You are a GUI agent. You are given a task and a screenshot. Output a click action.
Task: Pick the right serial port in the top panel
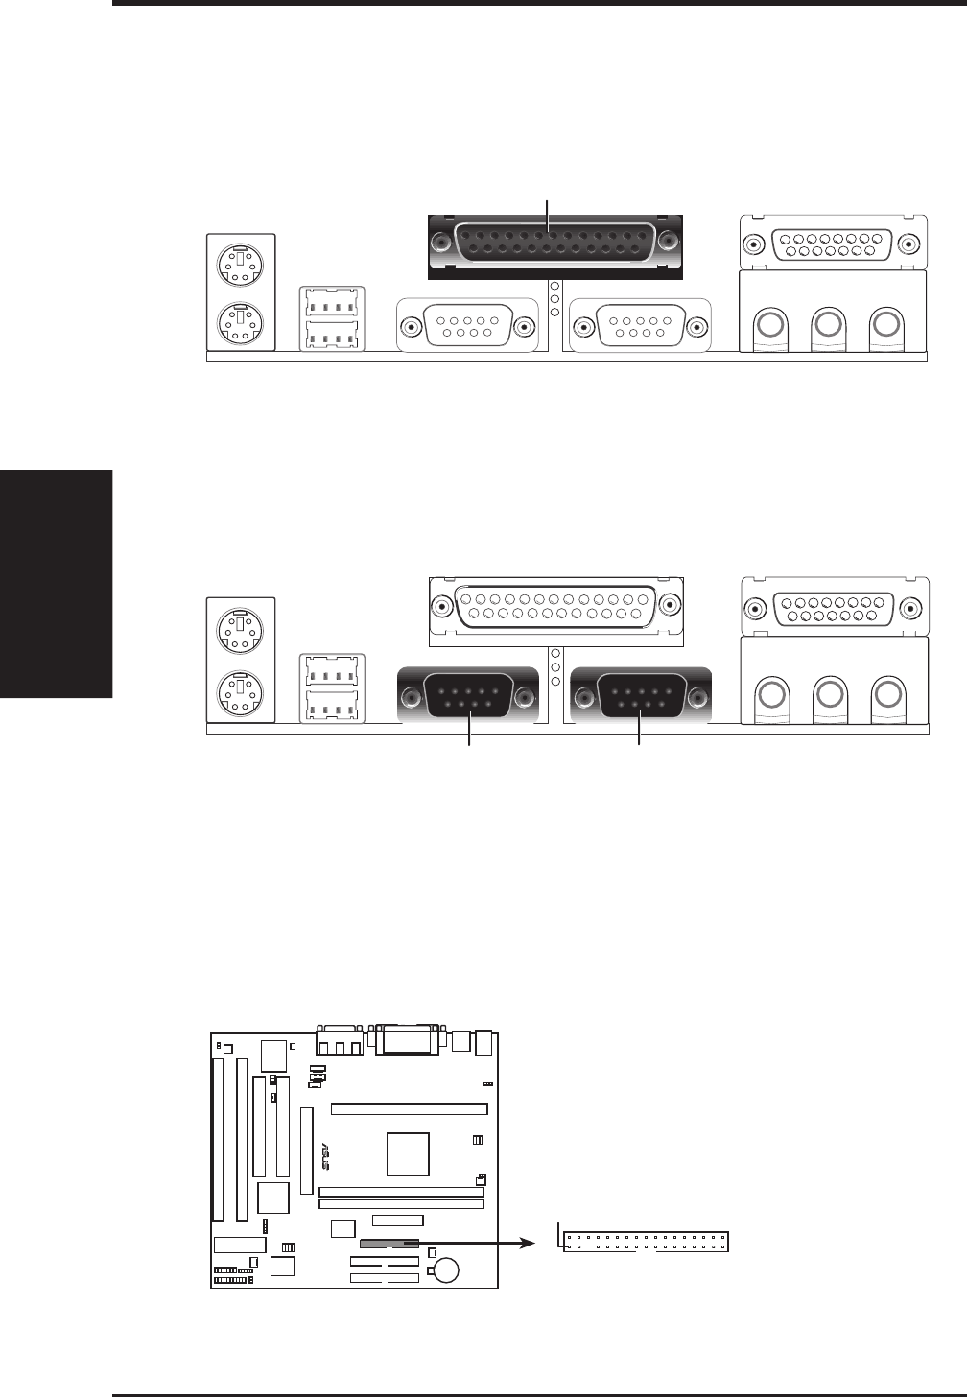click(x=640, y=327)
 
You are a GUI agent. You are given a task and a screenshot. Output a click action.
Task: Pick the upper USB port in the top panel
click(x=331, y=302)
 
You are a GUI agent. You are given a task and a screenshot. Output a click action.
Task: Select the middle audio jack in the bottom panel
click(x=829, y=693)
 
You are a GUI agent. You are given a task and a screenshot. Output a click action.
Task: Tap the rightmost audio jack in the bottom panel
click(x=887, y=693)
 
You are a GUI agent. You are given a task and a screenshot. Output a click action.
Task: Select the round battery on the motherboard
click(x=446, y=1269)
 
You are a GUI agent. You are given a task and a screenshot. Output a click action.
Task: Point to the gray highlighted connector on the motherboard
click(x=389, y=1243)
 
